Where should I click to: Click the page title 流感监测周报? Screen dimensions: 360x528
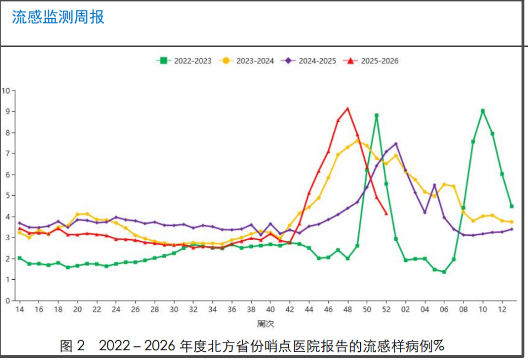(x=58, y=18)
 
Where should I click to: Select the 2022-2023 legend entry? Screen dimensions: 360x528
(x=184, y=61)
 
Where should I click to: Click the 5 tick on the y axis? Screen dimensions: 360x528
(x=8, y=196)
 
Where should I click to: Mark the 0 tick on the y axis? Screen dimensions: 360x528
(x=8, y=301)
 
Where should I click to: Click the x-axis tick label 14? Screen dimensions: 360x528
(x=19, y=309)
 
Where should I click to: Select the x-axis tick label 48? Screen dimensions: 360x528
(x=348, y=309)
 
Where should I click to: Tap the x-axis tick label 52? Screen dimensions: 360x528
(x=386, y=309)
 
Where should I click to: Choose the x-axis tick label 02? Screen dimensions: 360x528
(x=405, y=309)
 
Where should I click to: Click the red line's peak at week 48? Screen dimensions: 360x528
(x=348, y=108)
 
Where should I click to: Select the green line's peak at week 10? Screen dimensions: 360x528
(x=483, y=111)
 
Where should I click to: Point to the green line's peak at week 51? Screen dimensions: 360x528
(x=377, y=115)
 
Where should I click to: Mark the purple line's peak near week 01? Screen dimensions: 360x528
(x=396, y=144)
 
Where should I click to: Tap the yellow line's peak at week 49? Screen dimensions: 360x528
(x=357, y=141)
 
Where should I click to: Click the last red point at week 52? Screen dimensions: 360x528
(x=386, y=213)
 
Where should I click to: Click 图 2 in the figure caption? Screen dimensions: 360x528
(x=73, y=346)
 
